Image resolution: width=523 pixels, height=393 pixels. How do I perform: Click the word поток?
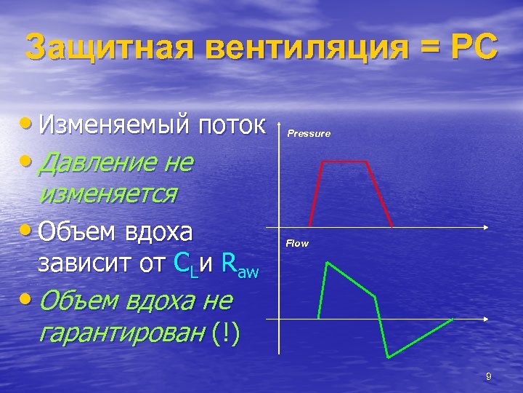click(234, 125)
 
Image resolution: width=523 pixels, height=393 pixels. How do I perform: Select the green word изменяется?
click(109, 194)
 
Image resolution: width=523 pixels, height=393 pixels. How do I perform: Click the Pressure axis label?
click(309, 134)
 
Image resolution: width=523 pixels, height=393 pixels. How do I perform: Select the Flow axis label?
click(297, 243)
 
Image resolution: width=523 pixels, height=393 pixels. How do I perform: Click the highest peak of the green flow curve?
click(328, 261)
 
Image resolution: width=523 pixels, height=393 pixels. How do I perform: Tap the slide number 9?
click(489, 376)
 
